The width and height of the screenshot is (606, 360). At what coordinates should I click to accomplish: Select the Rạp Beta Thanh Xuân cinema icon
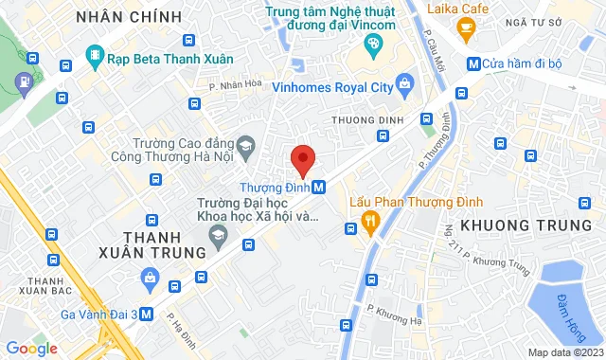point(94,59)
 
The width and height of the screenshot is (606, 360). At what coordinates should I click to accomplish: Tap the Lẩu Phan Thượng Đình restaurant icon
point(370,223)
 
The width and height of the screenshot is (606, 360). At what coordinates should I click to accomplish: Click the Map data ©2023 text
point(564,352)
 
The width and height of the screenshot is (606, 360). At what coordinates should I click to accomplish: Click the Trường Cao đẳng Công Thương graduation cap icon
point(246,144)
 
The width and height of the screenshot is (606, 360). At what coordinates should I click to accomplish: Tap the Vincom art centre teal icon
point(373,43)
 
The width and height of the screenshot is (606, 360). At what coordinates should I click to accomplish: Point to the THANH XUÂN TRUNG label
point(151,244)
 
